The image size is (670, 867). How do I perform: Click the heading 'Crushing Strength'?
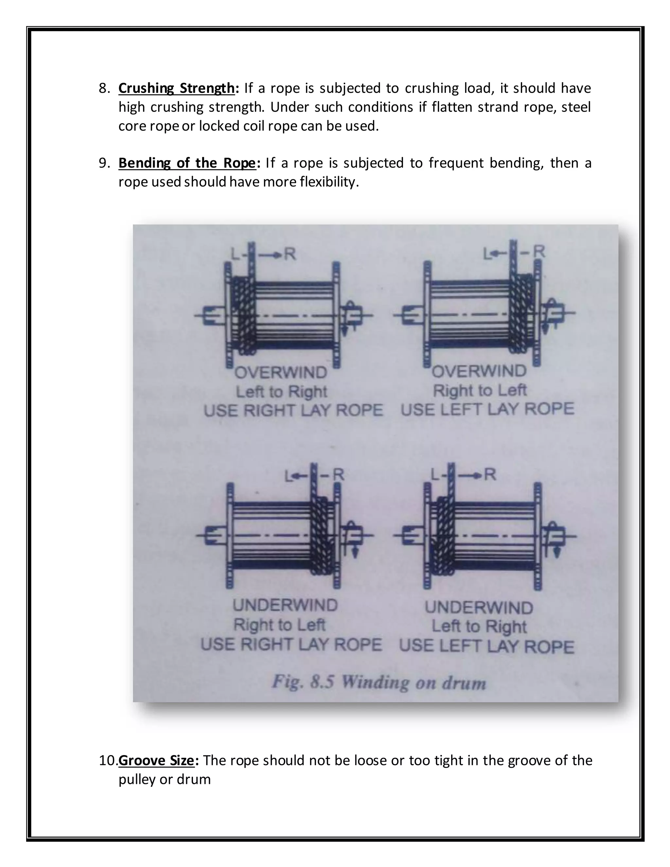(177, 88)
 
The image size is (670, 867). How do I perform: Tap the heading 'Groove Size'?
(156, 760)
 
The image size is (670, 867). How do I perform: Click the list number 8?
(104, 88)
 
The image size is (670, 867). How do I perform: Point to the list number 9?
(104, 163)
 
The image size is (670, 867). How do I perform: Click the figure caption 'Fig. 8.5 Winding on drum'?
(379, 682)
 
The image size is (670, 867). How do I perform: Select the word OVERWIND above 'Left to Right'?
(281, 373)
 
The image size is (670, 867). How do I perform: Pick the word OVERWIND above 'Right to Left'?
(479, 372)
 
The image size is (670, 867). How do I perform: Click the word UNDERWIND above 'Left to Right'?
(479, 608)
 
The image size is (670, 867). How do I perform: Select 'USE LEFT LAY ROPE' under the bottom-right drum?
(486, 647)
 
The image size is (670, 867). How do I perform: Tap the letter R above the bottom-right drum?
(490, 474)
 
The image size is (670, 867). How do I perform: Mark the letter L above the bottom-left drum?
(289, 476)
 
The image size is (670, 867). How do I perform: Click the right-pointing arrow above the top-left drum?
(271, 255)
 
